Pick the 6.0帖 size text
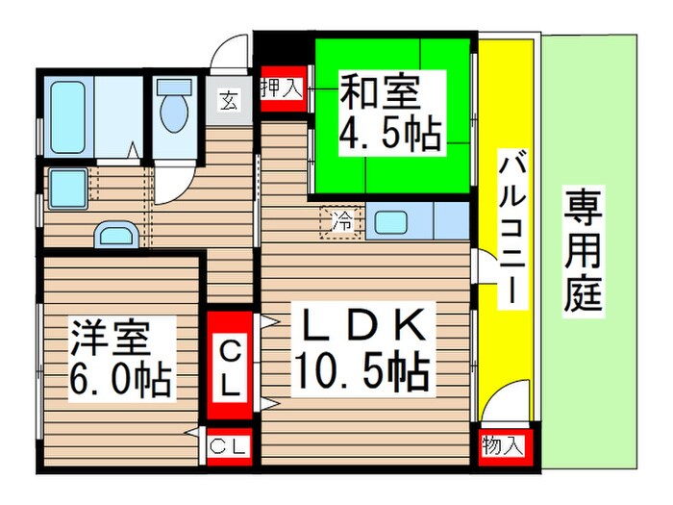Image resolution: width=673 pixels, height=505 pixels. (x=120, y=379)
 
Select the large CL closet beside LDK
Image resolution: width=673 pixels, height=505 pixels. (x=231, y=366)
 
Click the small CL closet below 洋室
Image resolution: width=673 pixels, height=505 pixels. (x=230, y=445)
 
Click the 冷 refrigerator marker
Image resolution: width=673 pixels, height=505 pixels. (x=341, y=221)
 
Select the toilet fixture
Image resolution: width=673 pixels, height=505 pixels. (x=174, y=112)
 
